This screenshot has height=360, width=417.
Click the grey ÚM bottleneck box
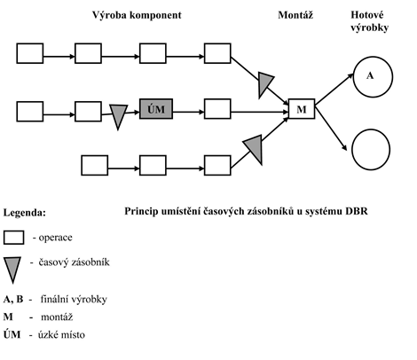pyautogui.click(x=156, y=109)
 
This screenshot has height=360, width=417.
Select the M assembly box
pyautogui.click(x=302, y=109)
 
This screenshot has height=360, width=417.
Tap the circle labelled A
pyautogui.click(x=373, y=77)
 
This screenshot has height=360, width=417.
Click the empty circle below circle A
pyautogui.click(x=371, y=150)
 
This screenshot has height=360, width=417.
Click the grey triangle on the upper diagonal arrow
pyautogui.click(x=264, y=83)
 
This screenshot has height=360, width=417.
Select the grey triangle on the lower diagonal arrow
pyautogui.click(x=255, y=148)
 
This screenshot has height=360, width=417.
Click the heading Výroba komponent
pyautogui.click(x=137, y=15)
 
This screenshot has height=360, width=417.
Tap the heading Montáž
pyautogui.click(x=295, y=15)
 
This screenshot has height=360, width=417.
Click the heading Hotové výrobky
pyautogui.click(x=369, y=21)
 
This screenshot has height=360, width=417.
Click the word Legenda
pyautogui.click(x=25, y=213)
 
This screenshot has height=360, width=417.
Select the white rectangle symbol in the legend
pyautogui.click(x=13, y=238)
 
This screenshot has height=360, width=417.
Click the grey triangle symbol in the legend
pyautogui.click(x=12, y=269)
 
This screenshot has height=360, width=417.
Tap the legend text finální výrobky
pyautogui.click(x=74, y=300)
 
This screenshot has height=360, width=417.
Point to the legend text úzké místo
pyautogui.click(x=61, y=335)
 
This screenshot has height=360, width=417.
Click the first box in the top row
pyautogui.click(x=30, y=53)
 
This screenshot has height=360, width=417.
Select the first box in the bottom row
pyautogui.click(x=95, y=165)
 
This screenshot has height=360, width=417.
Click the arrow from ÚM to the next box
pyautogui.click(x=189, y=112)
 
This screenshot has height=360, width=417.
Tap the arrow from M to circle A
pyautogui.click(x=334, y=90)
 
